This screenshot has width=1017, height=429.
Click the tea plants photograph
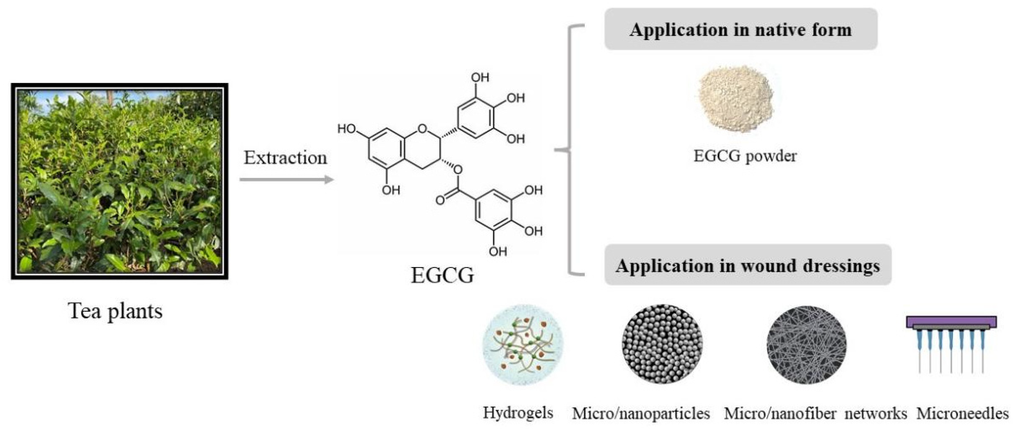(120, 181)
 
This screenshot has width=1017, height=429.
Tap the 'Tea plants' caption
(115, 311)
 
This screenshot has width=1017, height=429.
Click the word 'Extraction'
(285, 158)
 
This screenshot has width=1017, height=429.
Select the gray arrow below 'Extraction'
(287, 180)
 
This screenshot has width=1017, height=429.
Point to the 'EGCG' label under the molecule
(442, 275)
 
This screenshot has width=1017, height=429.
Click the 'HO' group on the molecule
(347, 129)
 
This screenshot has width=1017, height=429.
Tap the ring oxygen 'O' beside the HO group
(422, 129)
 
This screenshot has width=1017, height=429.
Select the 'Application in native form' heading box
(741, 29)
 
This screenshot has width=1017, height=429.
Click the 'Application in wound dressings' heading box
(748, 265)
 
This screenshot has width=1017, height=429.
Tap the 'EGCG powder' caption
(745, 156)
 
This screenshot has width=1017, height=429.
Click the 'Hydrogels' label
(518, 413)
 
